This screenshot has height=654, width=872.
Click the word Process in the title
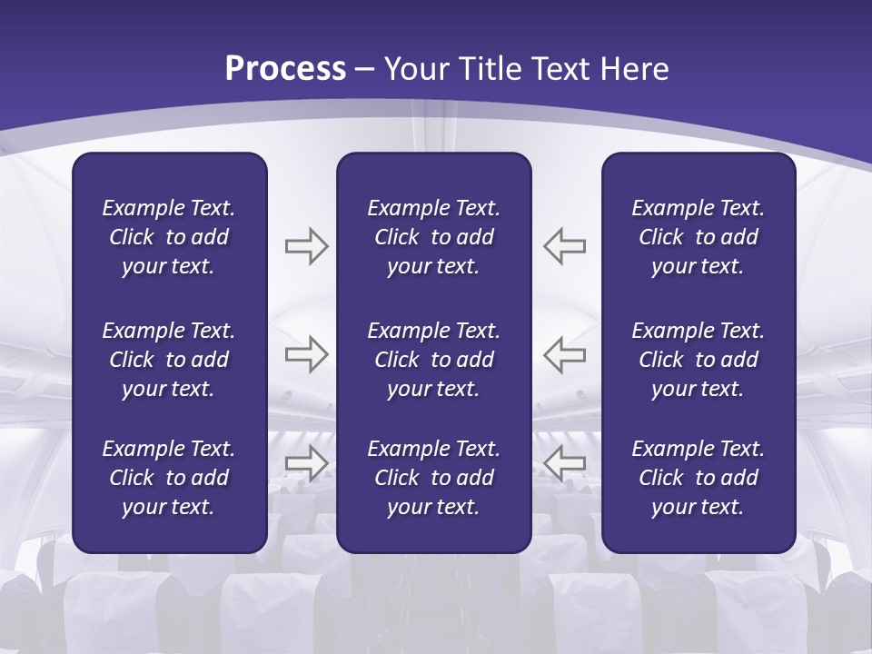click(285, 69)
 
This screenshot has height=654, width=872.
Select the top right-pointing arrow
click(306, 246)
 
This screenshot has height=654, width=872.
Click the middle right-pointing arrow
click(306, 354)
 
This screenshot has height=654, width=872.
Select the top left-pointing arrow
click(564, 246)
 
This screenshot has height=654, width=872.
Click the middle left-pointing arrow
click(564, 354)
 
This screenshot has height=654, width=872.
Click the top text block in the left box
click(169, 237)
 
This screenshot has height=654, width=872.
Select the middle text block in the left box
click(169, 360)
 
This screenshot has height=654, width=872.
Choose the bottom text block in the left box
click(169, 478)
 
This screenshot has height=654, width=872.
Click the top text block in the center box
click(433, 237)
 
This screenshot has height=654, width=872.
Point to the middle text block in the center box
click(433, 360)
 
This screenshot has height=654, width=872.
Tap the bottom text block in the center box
click(433, 478)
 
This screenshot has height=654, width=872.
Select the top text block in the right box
click(698, 237)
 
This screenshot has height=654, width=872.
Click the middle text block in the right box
click(698, 360)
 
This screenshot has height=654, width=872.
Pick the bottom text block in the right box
click(698, 478)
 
